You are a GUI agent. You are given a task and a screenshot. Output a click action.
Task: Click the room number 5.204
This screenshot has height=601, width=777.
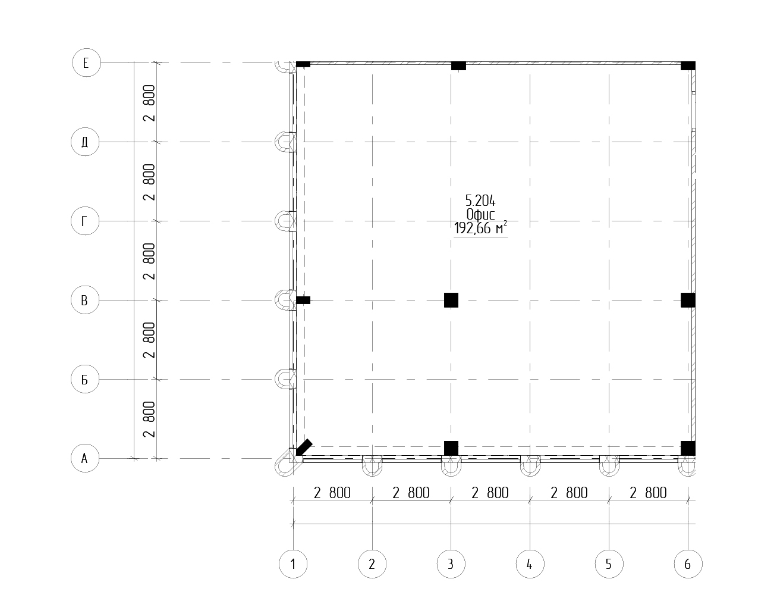point(480,201)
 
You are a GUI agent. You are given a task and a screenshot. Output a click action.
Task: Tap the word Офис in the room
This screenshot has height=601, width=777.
point(480,214)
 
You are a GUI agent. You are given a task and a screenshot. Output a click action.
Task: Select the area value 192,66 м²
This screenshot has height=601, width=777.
point(480,228)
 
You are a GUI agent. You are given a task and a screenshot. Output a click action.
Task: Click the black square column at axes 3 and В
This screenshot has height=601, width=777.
point(451,300)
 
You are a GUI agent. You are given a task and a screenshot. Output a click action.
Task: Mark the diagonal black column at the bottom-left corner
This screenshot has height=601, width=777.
point(304,447)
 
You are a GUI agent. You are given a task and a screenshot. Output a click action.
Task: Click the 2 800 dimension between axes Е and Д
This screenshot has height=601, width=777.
point(149,103)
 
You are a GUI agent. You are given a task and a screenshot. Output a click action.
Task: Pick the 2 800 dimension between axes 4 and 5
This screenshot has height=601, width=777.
point(569,493)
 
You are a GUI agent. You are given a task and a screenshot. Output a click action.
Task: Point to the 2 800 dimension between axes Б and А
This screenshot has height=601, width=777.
point(149,420)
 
